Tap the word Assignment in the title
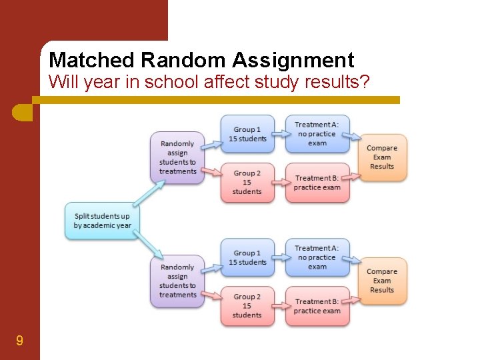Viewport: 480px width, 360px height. [293, 61]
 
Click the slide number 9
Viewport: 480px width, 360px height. [19, 341]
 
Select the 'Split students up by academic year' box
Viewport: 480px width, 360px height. [102, 221]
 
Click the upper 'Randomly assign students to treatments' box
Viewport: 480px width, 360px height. [177, 157]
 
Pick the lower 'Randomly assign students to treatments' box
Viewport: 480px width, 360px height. [177, 281]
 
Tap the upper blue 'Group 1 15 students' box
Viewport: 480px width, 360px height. [247, 134]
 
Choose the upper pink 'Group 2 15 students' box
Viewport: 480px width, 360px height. [247, 182]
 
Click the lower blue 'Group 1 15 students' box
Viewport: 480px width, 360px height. [247, 257]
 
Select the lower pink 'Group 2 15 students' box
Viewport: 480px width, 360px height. [247, 305]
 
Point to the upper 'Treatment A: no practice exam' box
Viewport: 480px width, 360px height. [317, 133]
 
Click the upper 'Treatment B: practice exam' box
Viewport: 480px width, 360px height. [317, 183]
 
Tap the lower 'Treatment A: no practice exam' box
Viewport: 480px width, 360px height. [317, 257]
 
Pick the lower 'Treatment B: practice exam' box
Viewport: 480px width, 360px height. [317, 306]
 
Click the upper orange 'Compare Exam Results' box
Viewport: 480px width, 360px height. [382, 157]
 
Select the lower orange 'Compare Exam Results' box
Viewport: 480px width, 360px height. [382, 281]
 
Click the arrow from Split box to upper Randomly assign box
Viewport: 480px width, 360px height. [147, 193]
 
